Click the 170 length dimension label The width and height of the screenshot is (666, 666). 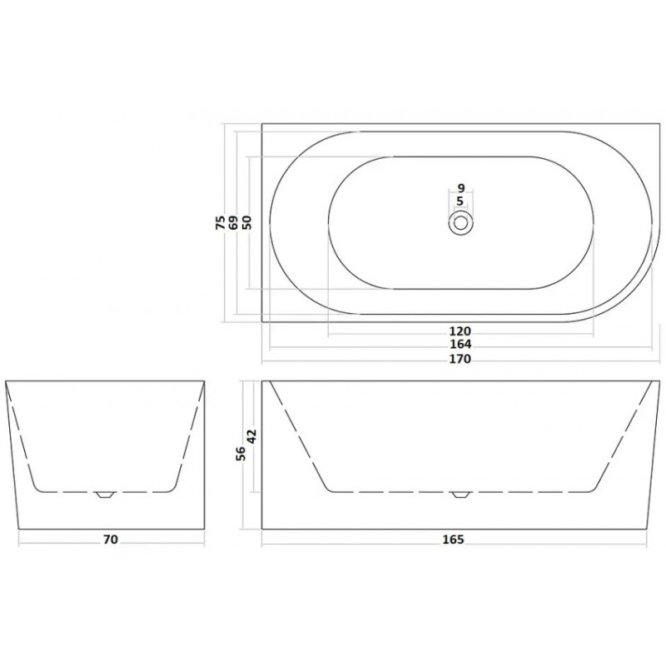(460, 359)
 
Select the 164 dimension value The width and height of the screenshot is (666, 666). (460, 344)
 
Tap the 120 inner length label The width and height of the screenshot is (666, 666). (460, 331)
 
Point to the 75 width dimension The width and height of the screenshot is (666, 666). (221, 222)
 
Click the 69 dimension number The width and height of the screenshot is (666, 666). (233, 222)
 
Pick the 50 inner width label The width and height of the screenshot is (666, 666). (246, 222)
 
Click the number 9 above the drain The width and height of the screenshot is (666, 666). (461, 188)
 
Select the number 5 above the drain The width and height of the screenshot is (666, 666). (460, 201)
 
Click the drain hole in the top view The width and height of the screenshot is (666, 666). (461, 222)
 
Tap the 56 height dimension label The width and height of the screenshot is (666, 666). (241, 454)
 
